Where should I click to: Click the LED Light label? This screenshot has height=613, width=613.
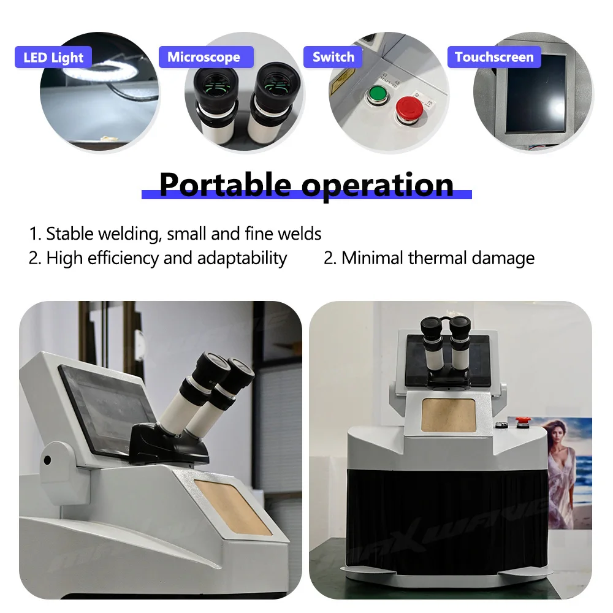[x=53, y=58]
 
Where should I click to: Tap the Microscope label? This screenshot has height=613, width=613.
[x=204, y=57]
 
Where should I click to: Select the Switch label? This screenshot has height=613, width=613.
[x=333, y=57]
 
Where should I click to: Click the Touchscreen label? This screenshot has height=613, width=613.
[x=494, y=57]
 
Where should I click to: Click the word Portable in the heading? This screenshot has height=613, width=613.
[x=226, y=184]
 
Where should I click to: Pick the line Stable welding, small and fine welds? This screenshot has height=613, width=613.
[x=175, y=234]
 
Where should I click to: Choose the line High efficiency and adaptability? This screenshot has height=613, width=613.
[x=158, y=258]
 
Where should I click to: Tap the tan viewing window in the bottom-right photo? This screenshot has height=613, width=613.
[x=449, y=414]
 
